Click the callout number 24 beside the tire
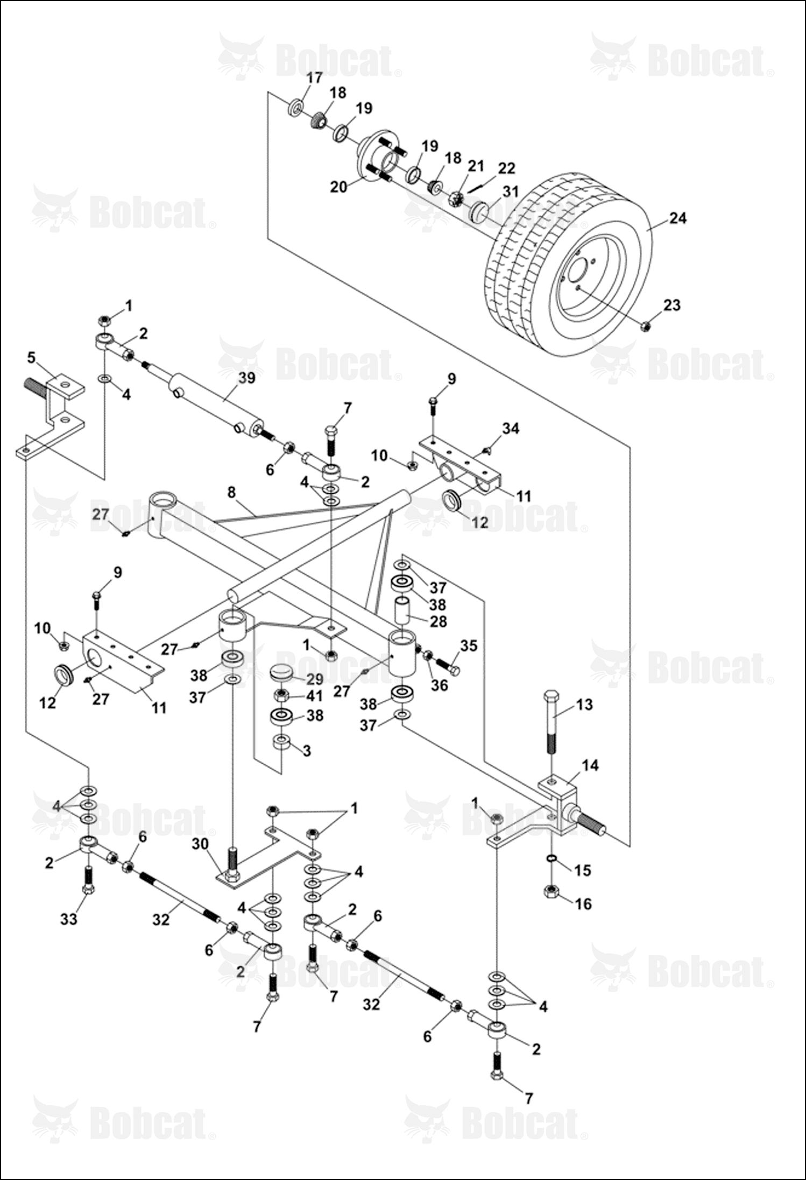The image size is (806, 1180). click(x=678, y=218)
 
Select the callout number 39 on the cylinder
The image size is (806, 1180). click(x=246, y=378)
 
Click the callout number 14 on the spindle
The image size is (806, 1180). click(x=590, y=765)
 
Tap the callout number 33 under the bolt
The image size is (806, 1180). click(x=69, y=919)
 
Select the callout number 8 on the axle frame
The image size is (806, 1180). click(x=231, y=492)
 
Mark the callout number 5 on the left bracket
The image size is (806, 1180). click(x=31, y=357)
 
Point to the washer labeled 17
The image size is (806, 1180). click(x=296, y=107)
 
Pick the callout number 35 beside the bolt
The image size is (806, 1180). click(x=469, y=645)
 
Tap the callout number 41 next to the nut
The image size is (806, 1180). click(x=314, y=696)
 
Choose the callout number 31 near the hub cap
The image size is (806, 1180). click(x=510, y=191)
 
